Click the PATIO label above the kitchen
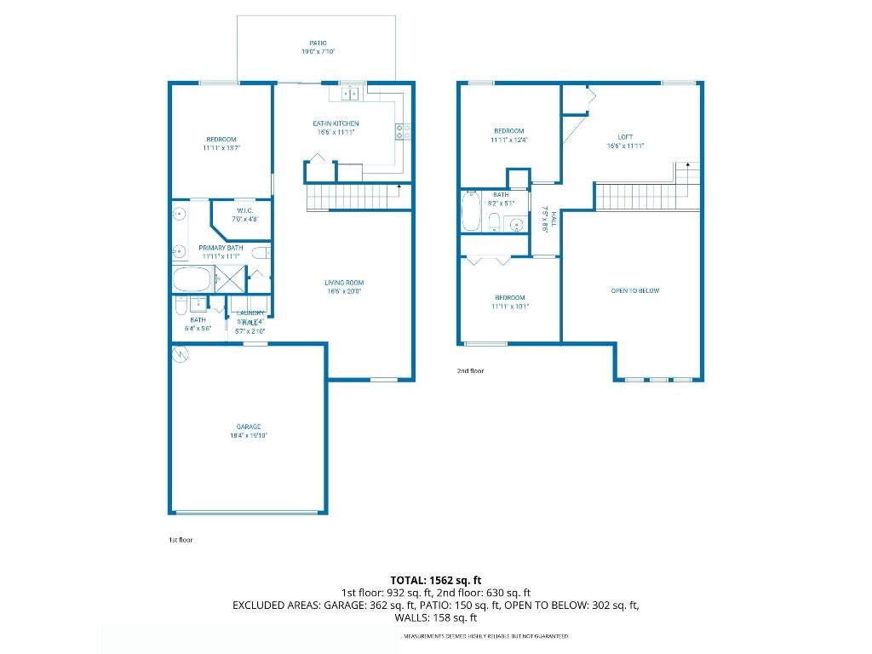318,43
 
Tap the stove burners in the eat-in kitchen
403,131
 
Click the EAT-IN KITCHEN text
336,124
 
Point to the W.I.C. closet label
244,210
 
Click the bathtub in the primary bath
192,279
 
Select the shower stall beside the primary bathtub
230,279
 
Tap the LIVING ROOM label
344,283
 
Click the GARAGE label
249,427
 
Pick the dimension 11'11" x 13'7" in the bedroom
221,148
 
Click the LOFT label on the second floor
625,136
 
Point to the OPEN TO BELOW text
635,291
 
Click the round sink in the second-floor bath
513,225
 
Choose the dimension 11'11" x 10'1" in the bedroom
510,307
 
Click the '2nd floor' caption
470,371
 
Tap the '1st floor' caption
181,540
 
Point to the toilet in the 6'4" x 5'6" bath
181,305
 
